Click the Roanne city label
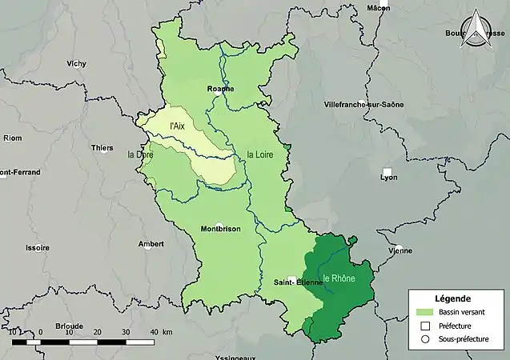click(x=220, y=89)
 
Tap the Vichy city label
click(x=77, y=62)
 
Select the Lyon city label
click(x=388, y=178)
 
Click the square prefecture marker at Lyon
click(x=388, y=172)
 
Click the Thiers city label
click(x=102, y=148)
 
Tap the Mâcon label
click(x=378, y=7)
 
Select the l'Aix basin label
click(x=178, y=126)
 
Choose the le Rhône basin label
click(x=339, y=278)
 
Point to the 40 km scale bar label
click(x=156, y=331)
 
